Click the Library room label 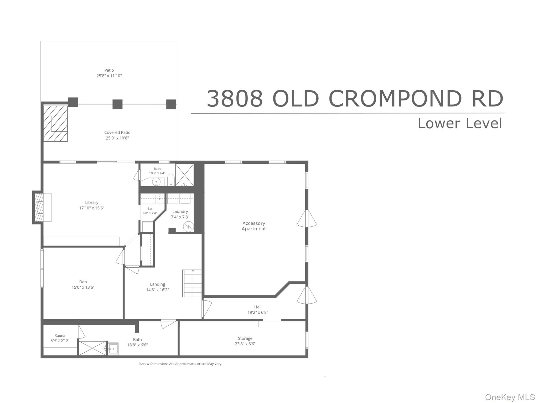tap(92, 203)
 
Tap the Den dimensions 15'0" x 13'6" tap(83, 287)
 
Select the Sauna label tap(60, 336)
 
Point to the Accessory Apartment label tap(254, 226)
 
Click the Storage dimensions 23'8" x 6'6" tap(245, 344)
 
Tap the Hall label tap(258, 307)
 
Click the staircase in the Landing tap(192, 283)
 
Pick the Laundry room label tap(180, 211)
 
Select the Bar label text tap(150, 209)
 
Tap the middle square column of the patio tap(117, 104)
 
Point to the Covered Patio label tap(117, 132)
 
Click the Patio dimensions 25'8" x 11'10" tap(109, 76)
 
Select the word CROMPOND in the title tap(395, 99)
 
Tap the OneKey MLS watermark tap(510, 397)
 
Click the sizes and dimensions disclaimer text tap(180, 364)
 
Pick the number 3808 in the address tap(235, 99)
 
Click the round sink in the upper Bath tap(156, 182)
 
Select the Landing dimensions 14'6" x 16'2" tap(158, 290)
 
